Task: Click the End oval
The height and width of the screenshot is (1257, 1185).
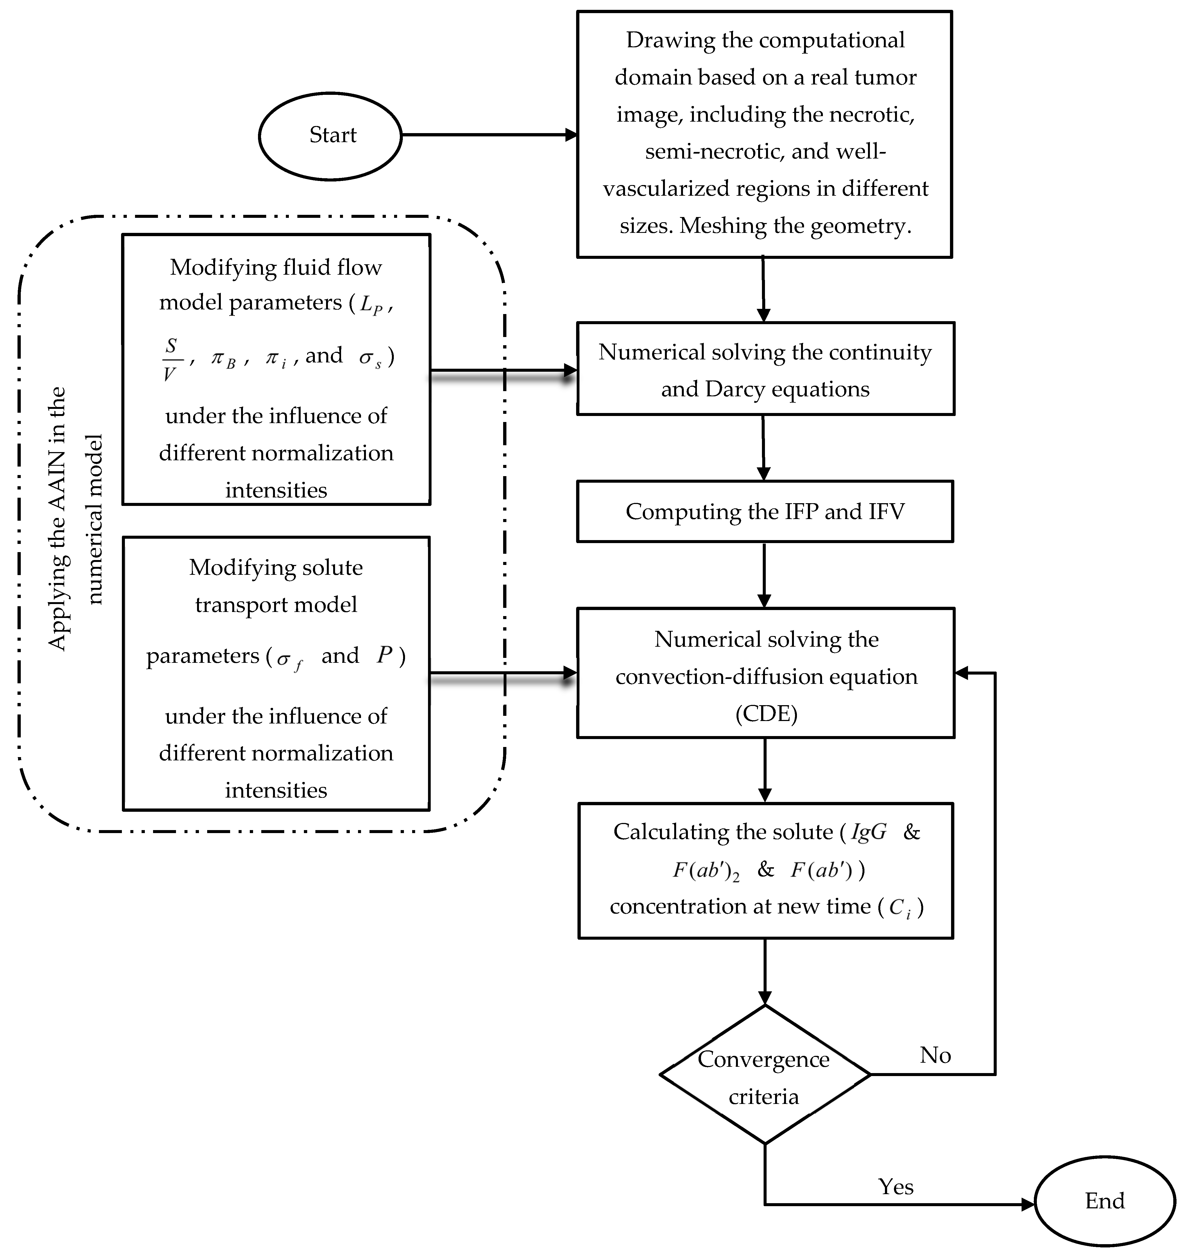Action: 1105,1201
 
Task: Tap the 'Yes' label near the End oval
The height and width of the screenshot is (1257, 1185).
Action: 895,1186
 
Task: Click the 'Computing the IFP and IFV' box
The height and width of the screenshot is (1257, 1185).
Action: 764,512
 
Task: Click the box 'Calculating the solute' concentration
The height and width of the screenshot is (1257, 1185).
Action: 765,870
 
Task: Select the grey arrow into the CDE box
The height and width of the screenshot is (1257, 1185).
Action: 503,675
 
